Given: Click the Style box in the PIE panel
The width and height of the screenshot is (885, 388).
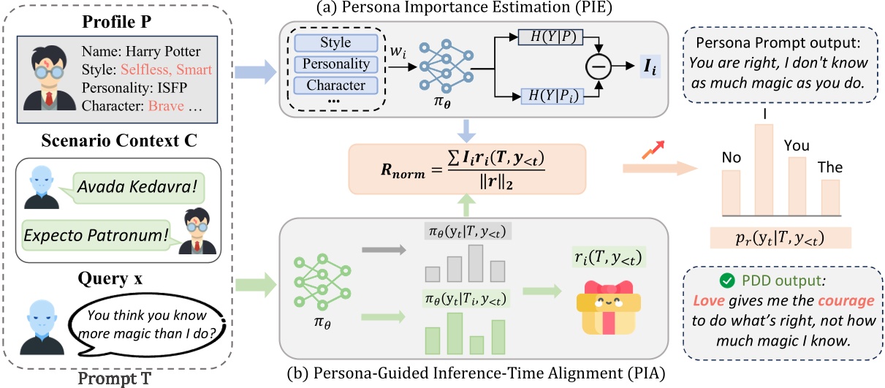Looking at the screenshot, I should [x=336, y=43].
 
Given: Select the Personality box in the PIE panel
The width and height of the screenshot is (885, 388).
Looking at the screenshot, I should [x=336, y=64].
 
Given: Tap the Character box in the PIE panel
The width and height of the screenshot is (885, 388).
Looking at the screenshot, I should [x=336, y=85].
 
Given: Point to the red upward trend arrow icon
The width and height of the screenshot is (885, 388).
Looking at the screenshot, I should [x=652, y=154].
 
